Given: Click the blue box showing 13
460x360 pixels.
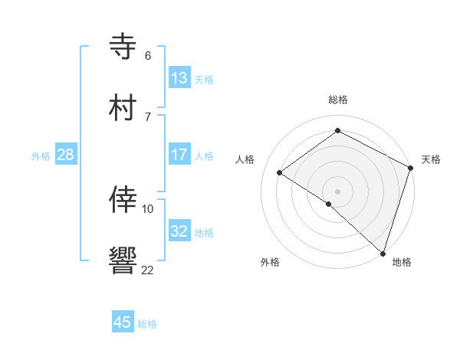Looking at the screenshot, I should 179,78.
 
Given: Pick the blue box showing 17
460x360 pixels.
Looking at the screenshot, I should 179,155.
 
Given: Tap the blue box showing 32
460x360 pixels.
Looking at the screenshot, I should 179,231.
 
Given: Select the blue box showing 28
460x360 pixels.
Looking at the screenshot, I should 66,155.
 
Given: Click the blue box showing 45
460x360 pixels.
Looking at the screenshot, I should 123,322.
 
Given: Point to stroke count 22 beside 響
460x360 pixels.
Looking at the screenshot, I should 147,269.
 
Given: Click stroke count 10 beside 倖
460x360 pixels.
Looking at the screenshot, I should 148,208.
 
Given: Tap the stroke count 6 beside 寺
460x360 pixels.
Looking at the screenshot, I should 147,55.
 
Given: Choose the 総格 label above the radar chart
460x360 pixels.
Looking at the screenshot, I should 338,100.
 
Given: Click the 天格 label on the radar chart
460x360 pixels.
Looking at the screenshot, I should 431,159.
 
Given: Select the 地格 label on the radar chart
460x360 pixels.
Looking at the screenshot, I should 402,262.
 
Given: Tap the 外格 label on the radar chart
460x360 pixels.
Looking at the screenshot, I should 270,262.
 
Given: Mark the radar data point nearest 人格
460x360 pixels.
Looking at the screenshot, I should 280,172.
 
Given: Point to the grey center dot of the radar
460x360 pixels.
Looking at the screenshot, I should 338,190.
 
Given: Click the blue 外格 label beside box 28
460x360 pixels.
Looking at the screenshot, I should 41,155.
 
